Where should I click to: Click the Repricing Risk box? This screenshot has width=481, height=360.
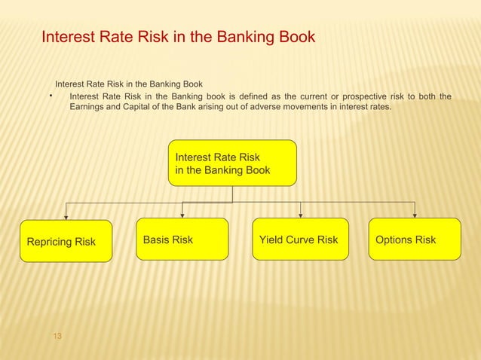pos(66,241)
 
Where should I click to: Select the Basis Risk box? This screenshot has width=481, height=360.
pos(182,239)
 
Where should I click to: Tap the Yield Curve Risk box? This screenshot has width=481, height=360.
pos(300,239)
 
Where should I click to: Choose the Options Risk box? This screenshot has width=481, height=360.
pos(414,239)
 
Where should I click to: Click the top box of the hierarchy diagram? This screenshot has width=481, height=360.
pos(232,163)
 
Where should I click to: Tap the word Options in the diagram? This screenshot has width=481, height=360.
pos(394,239)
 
